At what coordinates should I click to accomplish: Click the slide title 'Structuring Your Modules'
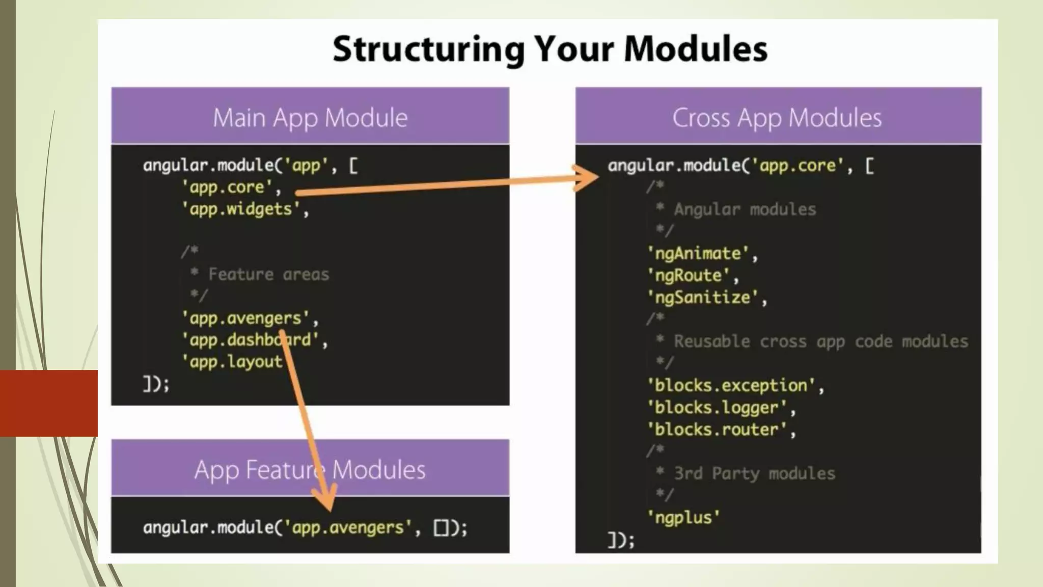[x=550, y=49]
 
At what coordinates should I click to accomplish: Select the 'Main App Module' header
[x=310, y=118]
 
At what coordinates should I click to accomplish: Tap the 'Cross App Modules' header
[x=777, y=118]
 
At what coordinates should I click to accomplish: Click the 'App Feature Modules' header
[x=310, y=470]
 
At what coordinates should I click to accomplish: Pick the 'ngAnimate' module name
[x=698, y=253]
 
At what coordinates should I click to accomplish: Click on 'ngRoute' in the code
[x=689, y=276]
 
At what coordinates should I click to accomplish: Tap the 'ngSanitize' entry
[x=703, y=298]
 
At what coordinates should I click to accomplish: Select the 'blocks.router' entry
[x=717, y=430]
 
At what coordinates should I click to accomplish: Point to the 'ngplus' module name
[x=683, y=518]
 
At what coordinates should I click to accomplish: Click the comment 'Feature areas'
[x=268, y=275]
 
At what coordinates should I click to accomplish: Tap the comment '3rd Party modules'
[x=754, y=474]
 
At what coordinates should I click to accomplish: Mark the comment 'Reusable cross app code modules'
[x=820, y=341]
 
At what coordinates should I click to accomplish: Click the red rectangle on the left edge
[x=49, y=403]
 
